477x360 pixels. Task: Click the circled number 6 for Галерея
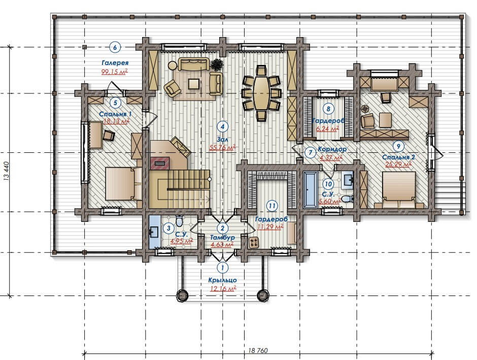(x=115, y=47)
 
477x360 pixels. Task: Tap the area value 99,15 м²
(x=114, y=72)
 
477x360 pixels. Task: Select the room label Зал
(x=222, y=139)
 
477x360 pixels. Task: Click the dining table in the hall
(x=261, y=93)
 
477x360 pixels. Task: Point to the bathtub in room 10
(x=310, y=189)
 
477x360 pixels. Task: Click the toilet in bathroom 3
(x=179, y=221)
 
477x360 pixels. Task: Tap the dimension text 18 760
(x=258, y=350)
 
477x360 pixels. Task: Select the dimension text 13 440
(x=7, y=171)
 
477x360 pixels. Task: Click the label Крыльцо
(x=222, y=280)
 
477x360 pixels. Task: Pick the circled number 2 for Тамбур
(x=222, y=228)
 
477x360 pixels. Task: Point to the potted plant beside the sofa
(x=217, y=64)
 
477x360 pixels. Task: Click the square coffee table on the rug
(x=194, y=83)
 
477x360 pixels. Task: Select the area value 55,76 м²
(x=223, y=148)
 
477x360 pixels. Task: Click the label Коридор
(x=332, y=149)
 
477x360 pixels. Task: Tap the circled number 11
(x=271, y=206)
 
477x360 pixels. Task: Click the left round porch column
(x=183, y=295)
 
